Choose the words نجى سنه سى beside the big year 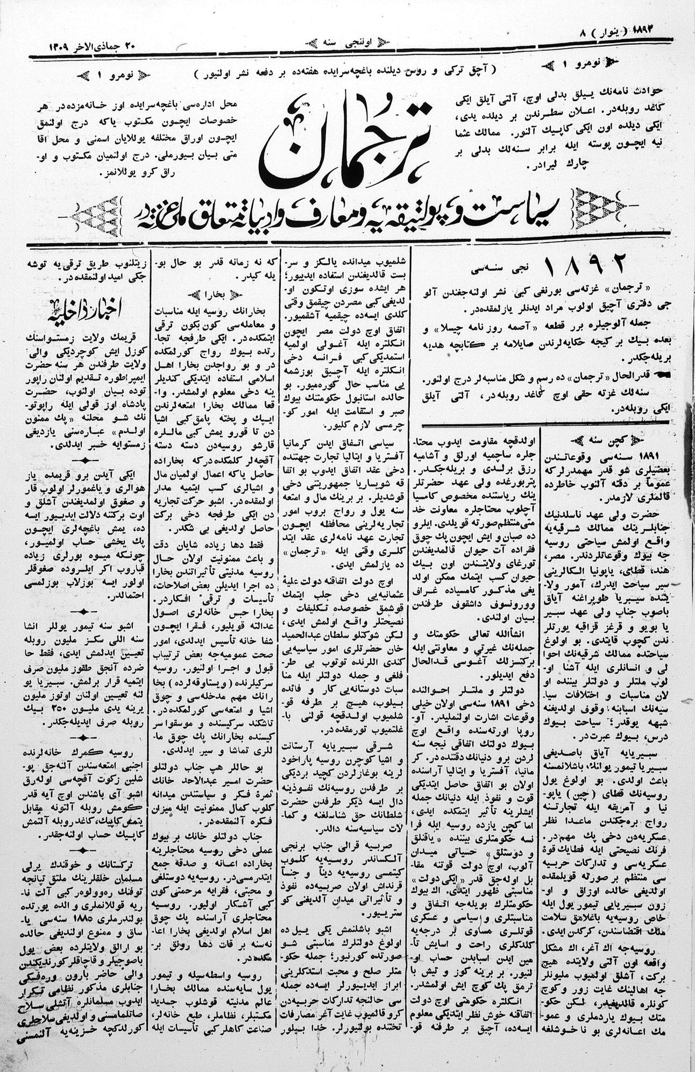coord(502,266)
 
